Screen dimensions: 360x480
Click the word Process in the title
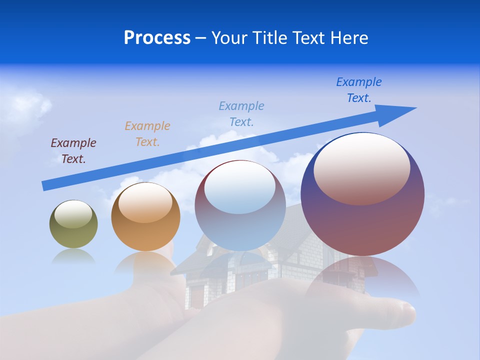point(157,38)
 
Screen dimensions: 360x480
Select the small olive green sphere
point(73,224)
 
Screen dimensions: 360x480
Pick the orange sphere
point(145,216)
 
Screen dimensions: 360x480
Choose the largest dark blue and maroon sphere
point(362,194)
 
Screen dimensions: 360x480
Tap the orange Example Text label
point(147,134)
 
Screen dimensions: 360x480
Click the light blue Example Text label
point(241,114)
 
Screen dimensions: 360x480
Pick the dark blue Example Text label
point(359,90)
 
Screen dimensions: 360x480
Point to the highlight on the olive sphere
point(73,214)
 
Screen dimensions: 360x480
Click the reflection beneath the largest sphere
point(362,275)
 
